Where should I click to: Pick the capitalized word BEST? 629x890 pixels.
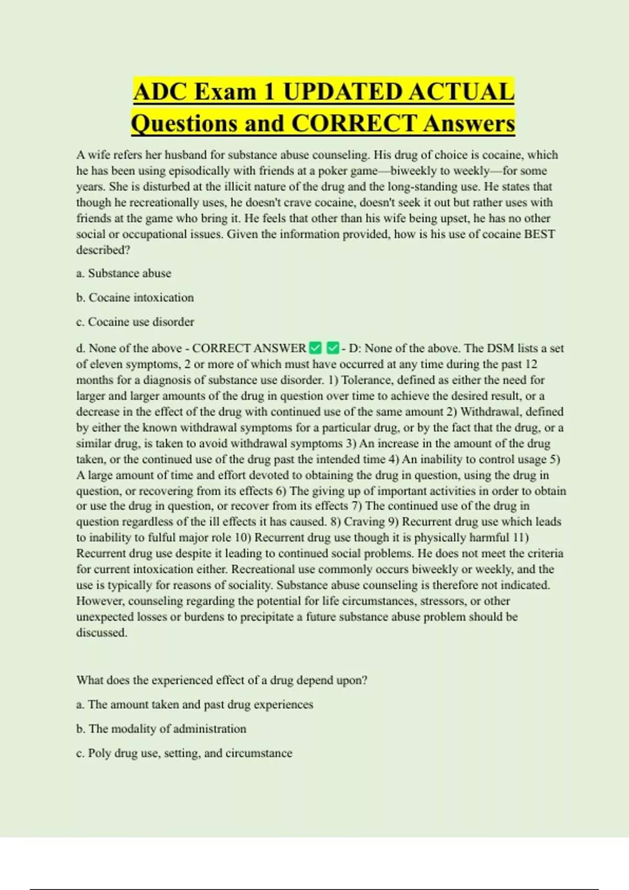point(539,234)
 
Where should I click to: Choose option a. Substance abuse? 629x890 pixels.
point(124,273)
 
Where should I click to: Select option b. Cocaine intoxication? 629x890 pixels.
point(135,297)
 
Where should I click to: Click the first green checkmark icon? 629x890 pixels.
point(315,348)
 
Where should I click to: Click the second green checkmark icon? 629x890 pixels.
point(332,348)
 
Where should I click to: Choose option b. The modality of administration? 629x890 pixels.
point(161,729)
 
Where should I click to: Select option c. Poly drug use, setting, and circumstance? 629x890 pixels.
point(184,753)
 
